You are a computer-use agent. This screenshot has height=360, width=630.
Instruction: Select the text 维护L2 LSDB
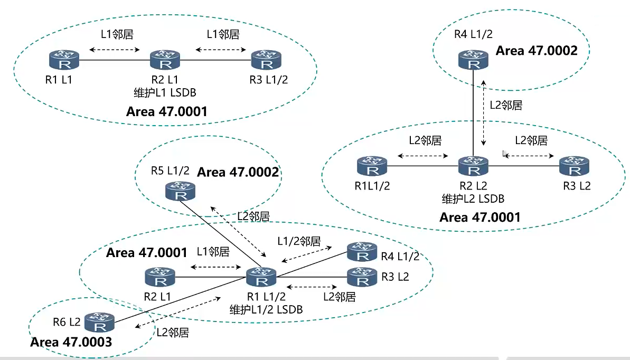click(x=473, y=198)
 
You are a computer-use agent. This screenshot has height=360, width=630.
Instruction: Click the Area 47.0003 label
click(x=71, y=342)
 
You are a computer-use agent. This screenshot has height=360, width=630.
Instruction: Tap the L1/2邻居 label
click(x=299, y=241)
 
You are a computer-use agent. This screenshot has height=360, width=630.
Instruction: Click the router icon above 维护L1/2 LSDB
click(x=261, y=276)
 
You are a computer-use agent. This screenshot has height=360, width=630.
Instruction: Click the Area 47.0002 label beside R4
click(x=537, y=51)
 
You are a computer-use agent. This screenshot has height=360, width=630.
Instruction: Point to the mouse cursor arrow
click(x=505, y=154)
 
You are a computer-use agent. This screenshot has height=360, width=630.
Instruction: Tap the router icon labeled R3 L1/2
click(x=265, y=60)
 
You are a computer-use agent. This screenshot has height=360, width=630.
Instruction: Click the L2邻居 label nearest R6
click(x=173, y=333)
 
